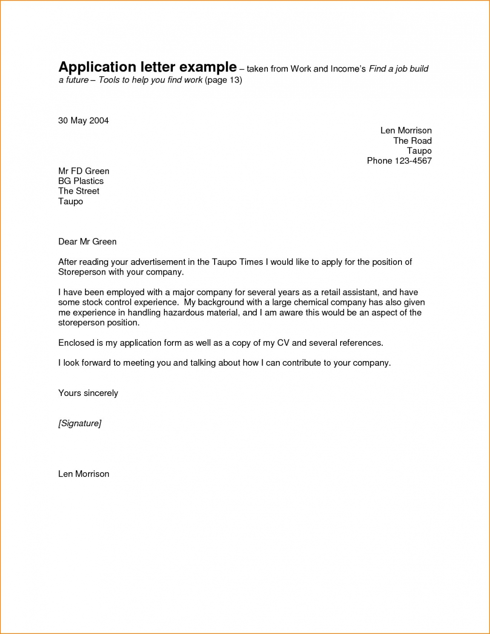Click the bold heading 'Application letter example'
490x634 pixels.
[x=147, y=67]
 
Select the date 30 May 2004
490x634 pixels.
[x=83, y=120]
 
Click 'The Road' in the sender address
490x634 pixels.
[x=412, y=141]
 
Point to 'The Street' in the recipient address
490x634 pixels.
[x=79, y=191]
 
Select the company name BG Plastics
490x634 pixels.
[x=81, y=181]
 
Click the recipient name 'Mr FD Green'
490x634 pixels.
[x=84, y=171]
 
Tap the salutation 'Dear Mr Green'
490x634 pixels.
[x=87, y=241]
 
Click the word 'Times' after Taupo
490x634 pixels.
[x=251, y=262]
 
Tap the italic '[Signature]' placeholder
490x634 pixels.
[x=80, y=423]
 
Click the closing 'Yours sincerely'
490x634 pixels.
[x=88, y=393]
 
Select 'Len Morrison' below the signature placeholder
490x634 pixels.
[x=84, y=474]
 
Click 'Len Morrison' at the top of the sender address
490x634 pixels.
[x=406, y=131]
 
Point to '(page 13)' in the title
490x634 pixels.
[x=224, y=80]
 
